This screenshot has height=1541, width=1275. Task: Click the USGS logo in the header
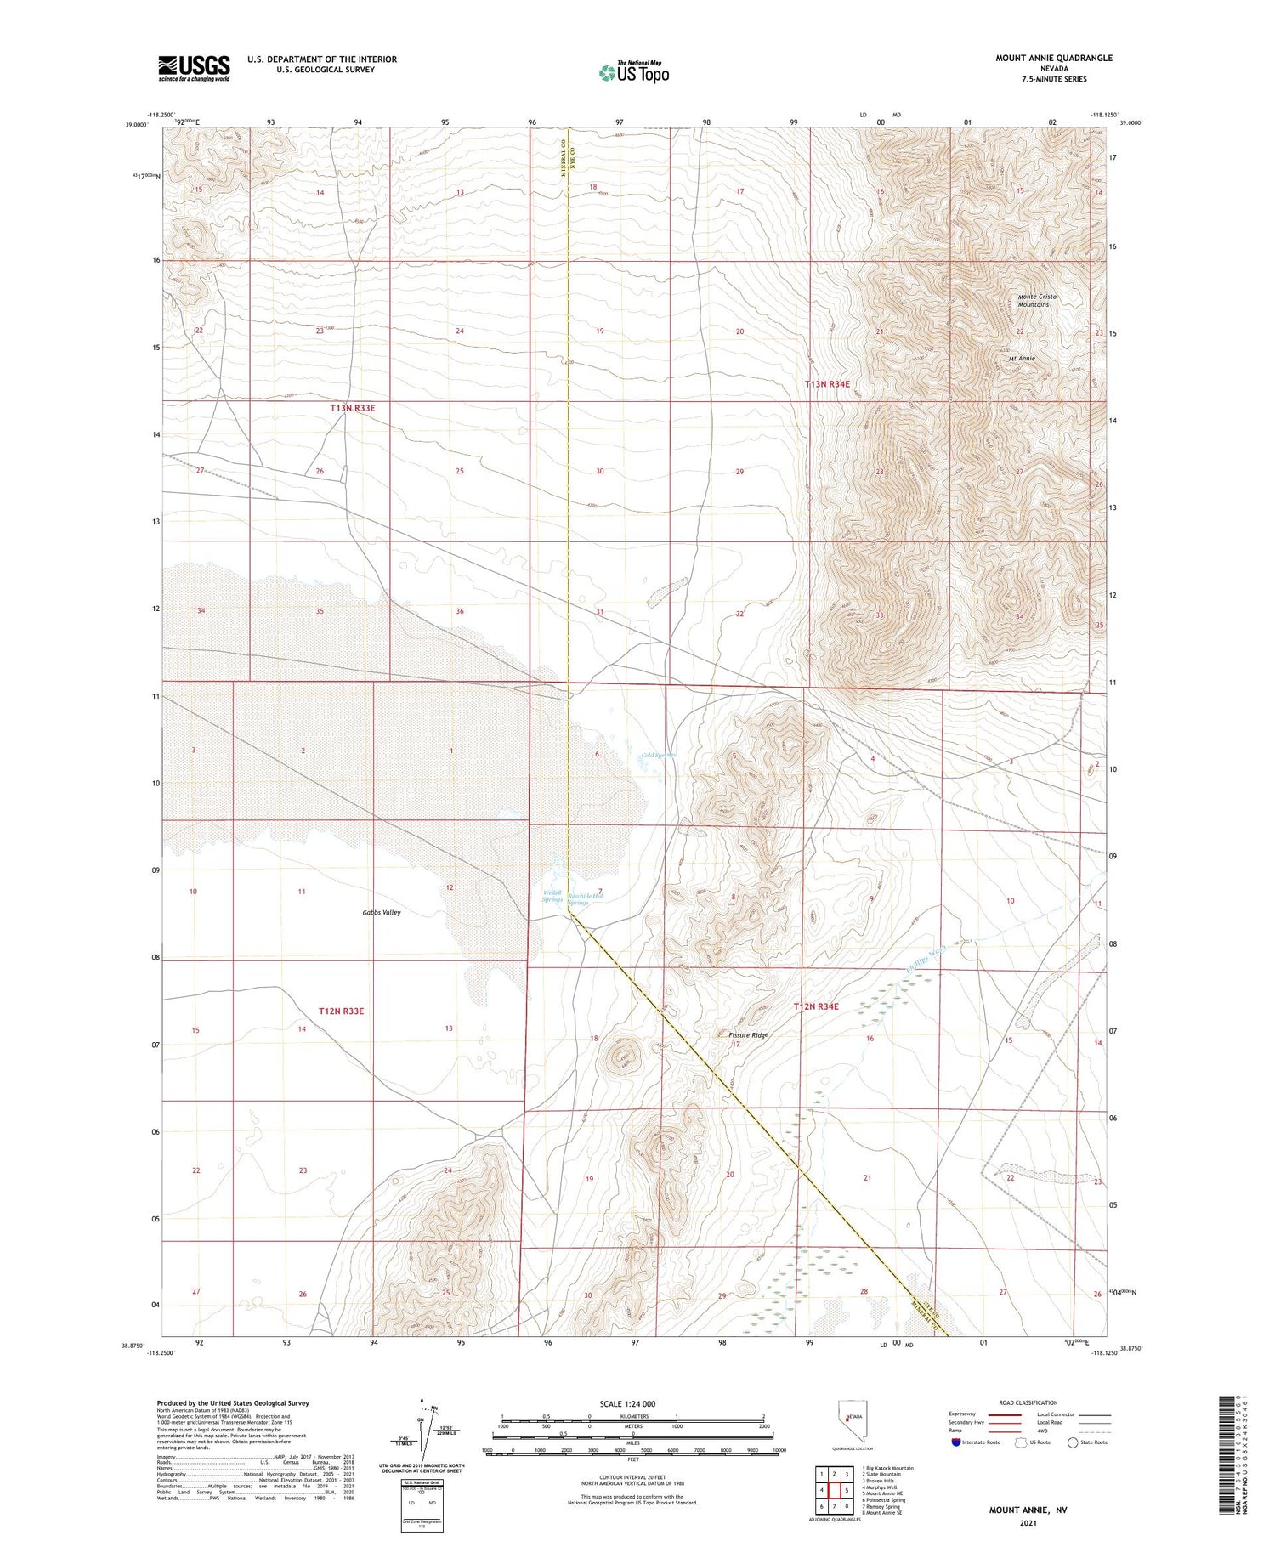(194, 68)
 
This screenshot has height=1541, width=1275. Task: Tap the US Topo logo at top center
(634, 72)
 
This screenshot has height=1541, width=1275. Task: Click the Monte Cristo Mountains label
(1034, 300)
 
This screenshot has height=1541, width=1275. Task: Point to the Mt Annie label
(1022, 359)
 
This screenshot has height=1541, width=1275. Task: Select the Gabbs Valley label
(381, 912)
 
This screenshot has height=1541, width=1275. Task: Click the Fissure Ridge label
(748, 1035)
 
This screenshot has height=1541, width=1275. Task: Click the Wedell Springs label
(552, 897)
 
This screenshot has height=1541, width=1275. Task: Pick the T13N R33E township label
(353, 408)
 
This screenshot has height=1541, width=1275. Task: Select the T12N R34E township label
(816, 1006)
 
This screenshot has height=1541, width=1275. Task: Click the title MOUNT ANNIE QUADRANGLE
(1054, 58)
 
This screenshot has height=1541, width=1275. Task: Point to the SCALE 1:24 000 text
(628, 1403)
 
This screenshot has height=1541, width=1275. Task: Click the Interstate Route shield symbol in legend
(956, 1442)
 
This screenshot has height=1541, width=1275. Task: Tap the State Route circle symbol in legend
(1073, 1442)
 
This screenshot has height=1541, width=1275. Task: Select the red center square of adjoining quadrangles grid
(835, 1490)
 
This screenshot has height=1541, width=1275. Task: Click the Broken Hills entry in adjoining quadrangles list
(879, 1480)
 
